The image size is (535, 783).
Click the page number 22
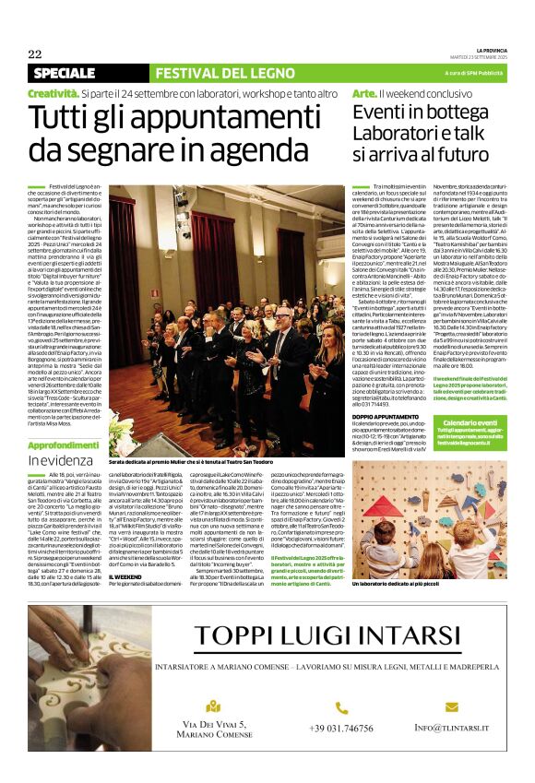click(35, 53)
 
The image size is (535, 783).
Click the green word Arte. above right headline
click(364, 94)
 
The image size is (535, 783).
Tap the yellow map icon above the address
click(214, 706)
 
